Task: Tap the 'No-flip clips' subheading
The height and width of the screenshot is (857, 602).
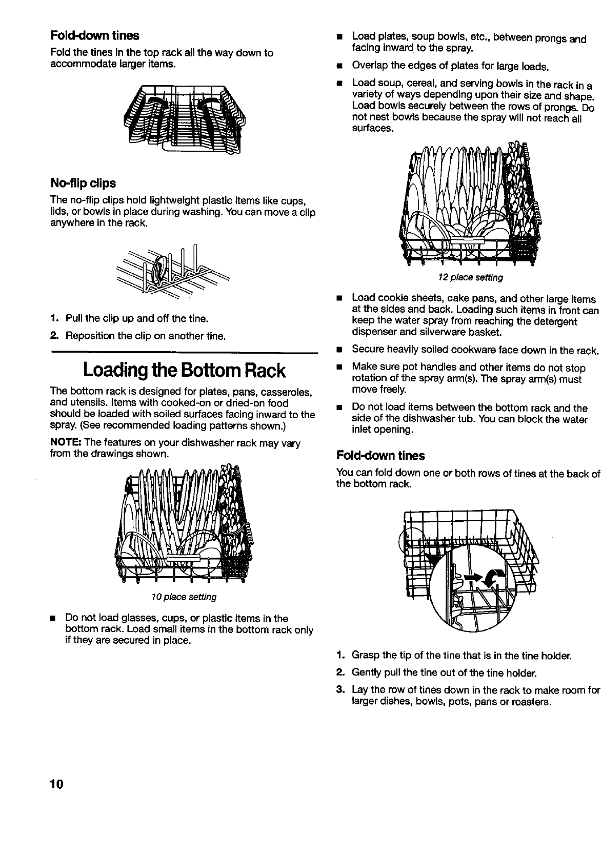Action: tap(83, 183)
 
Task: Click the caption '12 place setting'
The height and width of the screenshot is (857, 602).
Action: tap(470, 277)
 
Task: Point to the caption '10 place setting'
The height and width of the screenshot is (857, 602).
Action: tap(184, 597)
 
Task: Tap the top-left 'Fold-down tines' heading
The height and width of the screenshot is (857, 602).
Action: tap(94, 35)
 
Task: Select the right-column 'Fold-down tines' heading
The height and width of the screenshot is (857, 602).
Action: tap(380, 456)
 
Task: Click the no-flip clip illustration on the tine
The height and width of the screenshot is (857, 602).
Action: tap(160, 270)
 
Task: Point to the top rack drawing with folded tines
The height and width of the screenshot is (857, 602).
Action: tap(182, 118)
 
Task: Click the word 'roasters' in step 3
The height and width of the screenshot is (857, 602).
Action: tap(532, 701)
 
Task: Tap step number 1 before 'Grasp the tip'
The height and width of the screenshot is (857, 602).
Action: tap(339, 656)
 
